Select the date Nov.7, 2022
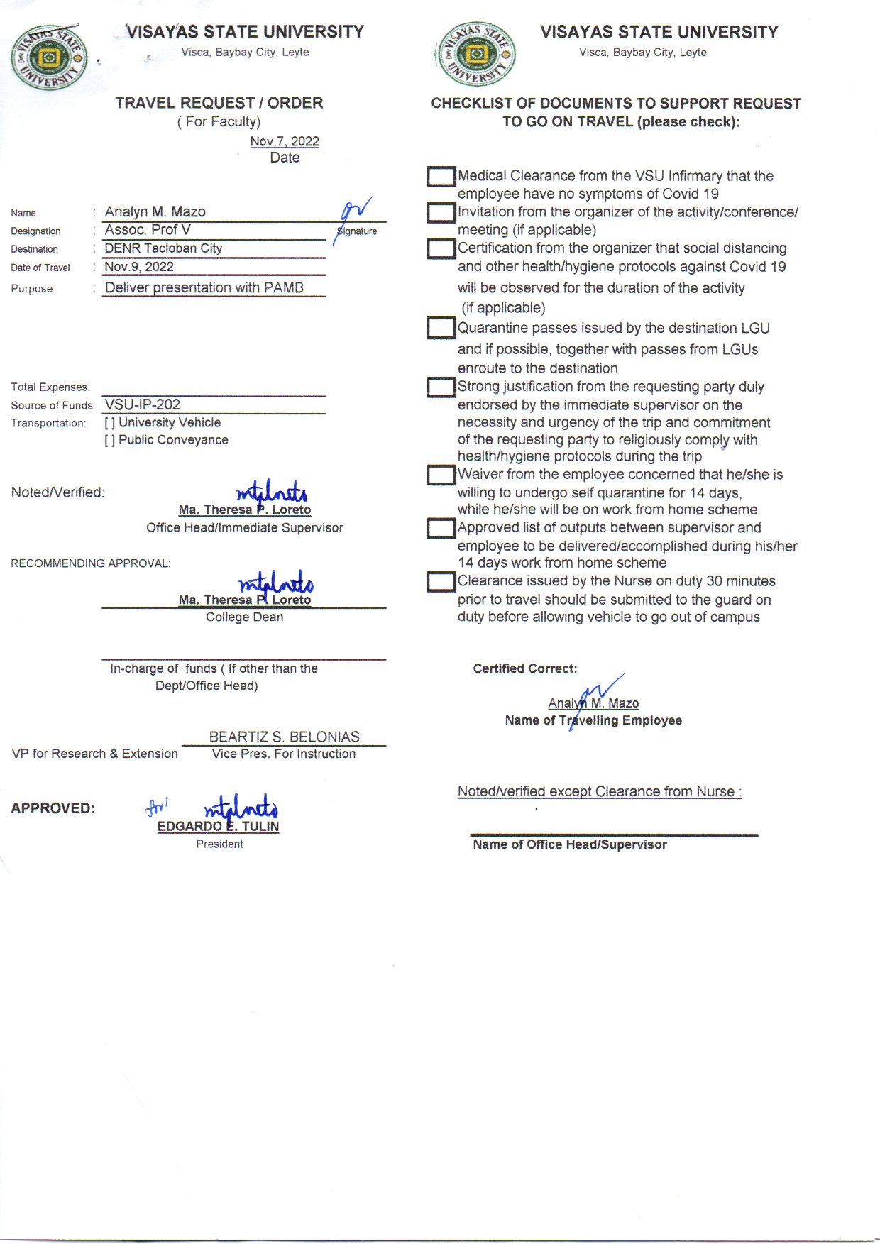pos(285,141)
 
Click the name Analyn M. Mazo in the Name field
pos(155,211)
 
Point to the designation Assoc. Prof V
pos(148,230)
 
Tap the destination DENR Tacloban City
pos(163,248)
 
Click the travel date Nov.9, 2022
pos(139,267)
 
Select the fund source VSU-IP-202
pos(143,404)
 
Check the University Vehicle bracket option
pos(109,423)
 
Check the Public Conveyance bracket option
pos(109,440)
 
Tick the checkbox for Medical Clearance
pos(441,177)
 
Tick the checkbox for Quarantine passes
pos(441,328)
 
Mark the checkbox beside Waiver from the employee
pos(441,475)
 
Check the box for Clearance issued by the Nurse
pos(441,582)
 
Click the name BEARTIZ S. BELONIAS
pos(284,737)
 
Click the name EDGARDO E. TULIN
pos(218,826)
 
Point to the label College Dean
pos(244,617)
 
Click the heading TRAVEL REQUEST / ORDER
pos(219,103)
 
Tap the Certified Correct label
pos(525,668)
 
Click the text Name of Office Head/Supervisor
pos(570,844)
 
